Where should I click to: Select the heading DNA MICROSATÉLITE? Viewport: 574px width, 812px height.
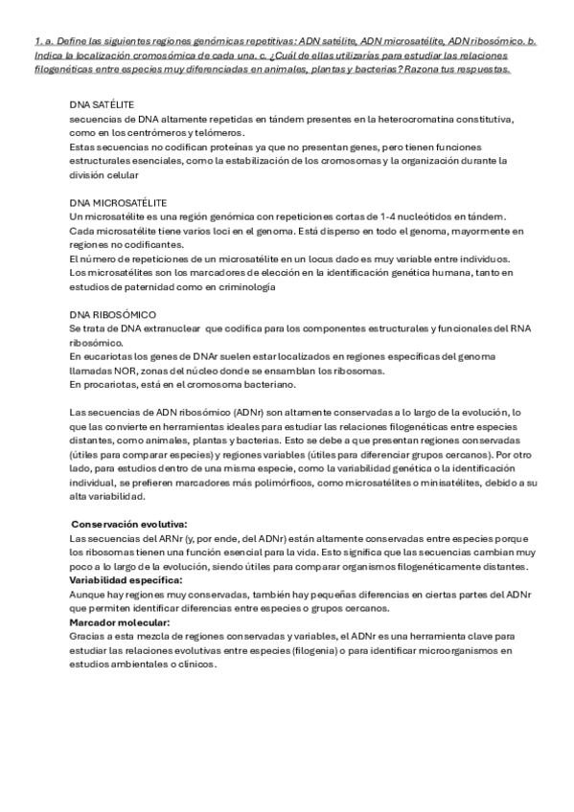(119, 204)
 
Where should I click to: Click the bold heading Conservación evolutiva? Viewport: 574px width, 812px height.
(129, 525)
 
